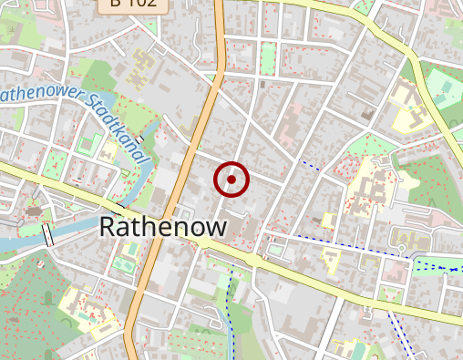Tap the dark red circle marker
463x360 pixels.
[x=231, y=180]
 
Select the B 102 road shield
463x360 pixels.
[x=133, y=4]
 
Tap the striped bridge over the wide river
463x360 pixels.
[x=47, y=235]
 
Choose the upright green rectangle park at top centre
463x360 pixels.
[x=267, y=59]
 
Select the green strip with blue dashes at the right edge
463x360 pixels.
[x=437, y=267]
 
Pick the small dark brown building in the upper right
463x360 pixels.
[x=367, y=113]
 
